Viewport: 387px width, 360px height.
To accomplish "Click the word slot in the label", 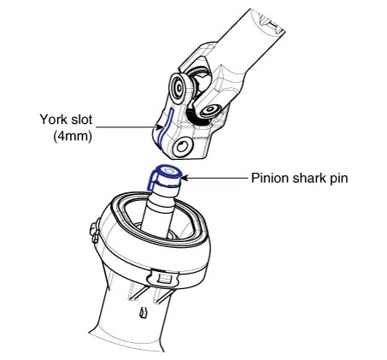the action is (x=82, y=120).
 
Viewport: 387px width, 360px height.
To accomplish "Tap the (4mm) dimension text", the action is (x=73, y=136).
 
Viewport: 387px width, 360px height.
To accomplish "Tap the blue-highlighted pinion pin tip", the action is (x=164, y=176).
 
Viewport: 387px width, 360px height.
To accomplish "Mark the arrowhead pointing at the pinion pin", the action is (x=185, y=178).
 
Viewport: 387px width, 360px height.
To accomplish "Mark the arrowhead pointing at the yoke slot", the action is (x=159, y=127).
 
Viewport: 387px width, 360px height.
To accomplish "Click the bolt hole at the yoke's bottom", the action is (x=182, y=147).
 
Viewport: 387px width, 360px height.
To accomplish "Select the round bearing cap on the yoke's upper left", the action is (x=179, y=87).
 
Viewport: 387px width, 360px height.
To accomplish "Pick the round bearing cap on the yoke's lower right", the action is (x=210, y=110).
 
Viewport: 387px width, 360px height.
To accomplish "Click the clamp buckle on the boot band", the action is (x=163, y=277).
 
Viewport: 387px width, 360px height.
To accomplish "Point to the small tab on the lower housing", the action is (x=143, y=312).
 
